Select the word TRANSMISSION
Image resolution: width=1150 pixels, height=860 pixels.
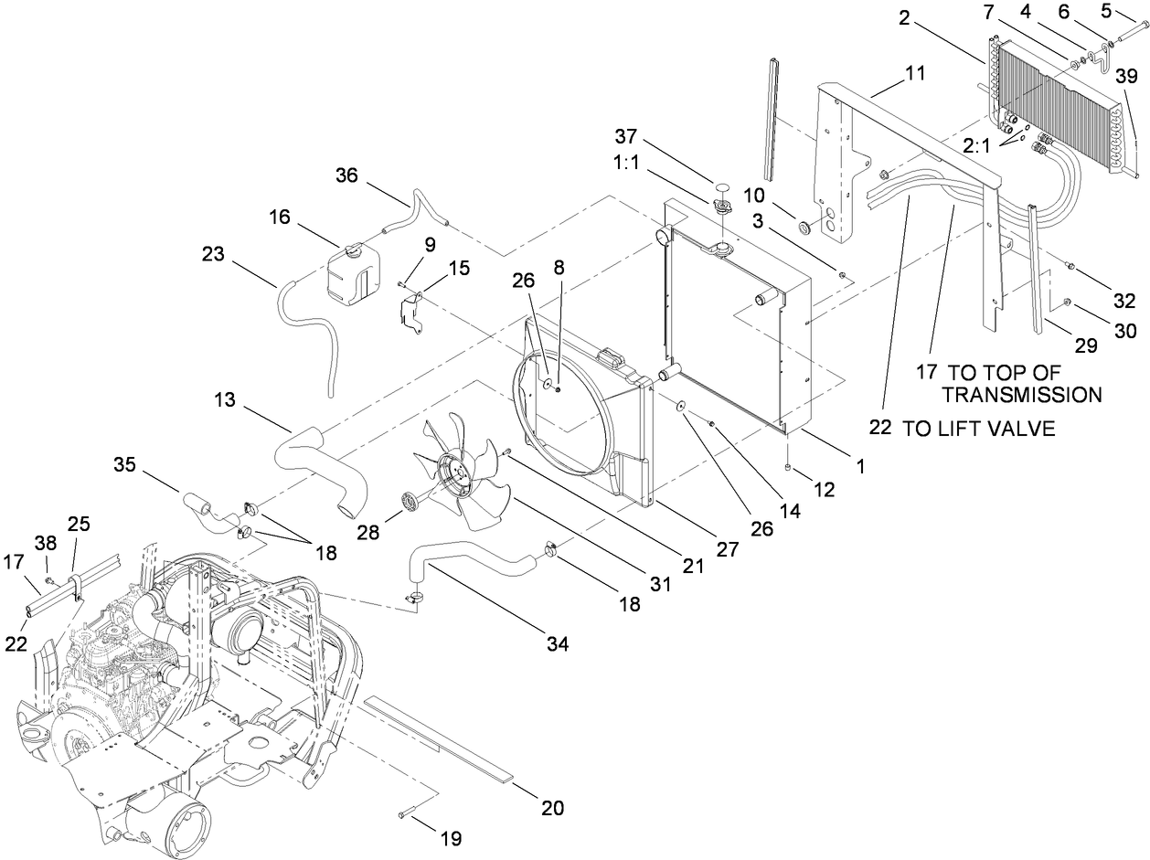(x=1021, y=395)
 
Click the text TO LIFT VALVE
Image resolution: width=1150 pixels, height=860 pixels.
(x=979, y=428)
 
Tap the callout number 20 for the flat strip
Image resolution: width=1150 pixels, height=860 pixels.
(x=552, y=808)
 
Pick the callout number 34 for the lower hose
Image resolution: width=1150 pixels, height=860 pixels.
(x=558, y=644)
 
